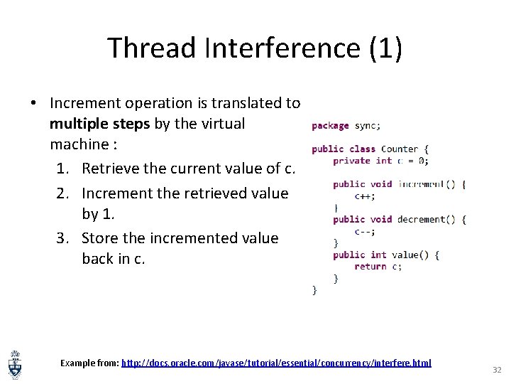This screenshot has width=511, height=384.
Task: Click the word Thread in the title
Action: tap(151, 48)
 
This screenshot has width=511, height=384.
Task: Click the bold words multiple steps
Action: tap(100, 124)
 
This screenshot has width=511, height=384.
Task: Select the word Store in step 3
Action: tap(101, 238)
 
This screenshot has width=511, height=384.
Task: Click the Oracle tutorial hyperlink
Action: tap(276, 363)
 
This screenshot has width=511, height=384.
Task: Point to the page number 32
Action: tap(496, 370)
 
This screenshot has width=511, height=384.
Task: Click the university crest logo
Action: tap(14, 364)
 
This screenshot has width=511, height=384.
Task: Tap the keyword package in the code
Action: tap(331, 126)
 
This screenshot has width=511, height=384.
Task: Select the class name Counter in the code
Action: tap(400, 149)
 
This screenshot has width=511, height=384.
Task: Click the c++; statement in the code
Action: tap(365, 196)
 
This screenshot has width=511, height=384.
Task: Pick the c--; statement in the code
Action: tap(365, 231)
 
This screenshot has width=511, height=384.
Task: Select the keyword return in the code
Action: tap(370, 267)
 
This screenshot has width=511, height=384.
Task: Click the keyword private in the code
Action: tap(352, 161)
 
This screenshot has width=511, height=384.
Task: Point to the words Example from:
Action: tap(89, 363)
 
